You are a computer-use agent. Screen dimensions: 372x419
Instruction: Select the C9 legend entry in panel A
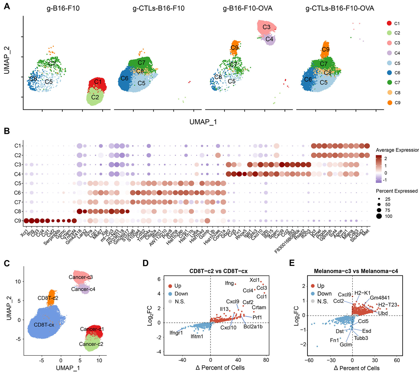point(390,103)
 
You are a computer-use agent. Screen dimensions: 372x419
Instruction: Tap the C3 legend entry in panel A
point(390,43)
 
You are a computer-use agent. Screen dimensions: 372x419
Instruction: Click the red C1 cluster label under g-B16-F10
point(97,82)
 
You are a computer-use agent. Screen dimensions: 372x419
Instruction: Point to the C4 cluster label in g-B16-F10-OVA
point(270,39)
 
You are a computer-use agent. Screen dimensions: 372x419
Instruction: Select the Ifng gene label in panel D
point(228,284)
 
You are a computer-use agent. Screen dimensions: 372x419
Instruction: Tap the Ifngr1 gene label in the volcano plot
point(176,333)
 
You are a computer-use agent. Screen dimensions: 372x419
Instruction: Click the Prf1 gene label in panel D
point(257,317)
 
